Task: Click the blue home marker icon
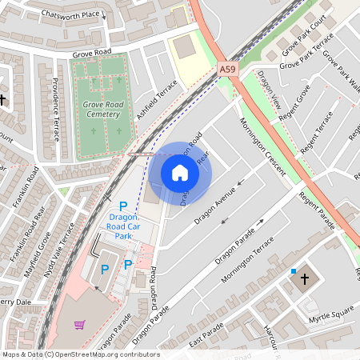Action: [x=180, y=173]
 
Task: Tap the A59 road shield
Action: [x=228, y=70]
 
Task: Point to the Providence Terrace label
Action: [x=56, y=108]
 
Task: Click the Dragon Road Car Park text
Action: [x=123, y=226]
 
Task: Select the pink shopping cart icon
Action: [x=79, y=325]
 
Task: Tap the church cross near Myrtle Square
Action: [x=303, y=279]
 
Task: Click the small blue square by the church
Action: [x=294, y=271]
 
